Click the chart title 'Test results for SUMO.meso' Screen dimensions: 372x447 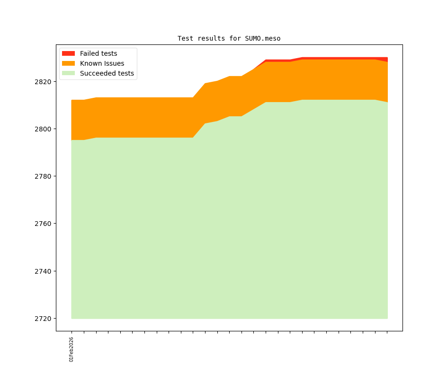[x=229, y=38]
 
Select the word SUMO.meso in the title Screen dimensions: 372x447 [x=263, y=38]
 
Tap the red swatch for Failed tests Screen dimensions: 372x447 [x=68, y=53]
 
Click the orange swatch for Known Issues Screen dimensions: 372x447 [x=68, y=63]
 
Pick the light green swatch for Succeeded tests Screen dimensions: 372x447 [x=68, y=73]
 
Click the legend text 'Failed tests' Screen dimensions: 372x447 [x=98, y=53]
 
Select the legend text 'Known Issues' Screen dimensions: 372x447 [x=102, y=63]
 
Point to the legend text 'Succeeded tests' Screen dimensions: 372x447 [x=107, y=73]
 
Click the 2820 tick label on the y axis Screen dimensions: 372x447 [x=44, y=82]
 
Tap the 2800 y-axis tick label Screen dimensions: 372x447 [x=44, y=129]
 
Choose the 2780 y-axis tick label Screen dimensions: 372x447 [x=44, y=176]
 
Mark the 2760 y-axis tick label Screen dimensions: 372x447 [x=44, y=224]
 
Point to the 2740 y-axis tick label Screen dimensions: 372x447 [x=44, y=271]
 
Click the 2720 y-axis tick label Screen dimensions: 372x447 [x=44, y=319]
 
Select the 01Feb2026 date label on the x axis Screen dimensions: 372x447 [x=72, y=349]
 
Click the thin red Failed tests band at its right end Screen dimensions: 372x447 [x=386, y=60]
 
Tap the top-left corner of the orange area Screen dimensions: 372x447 [x=72, y=101]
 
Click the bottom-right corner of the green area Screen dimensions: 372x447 [x=387, y=318]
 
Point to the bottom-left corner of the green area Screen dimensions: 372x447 [x=72, y=318]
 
